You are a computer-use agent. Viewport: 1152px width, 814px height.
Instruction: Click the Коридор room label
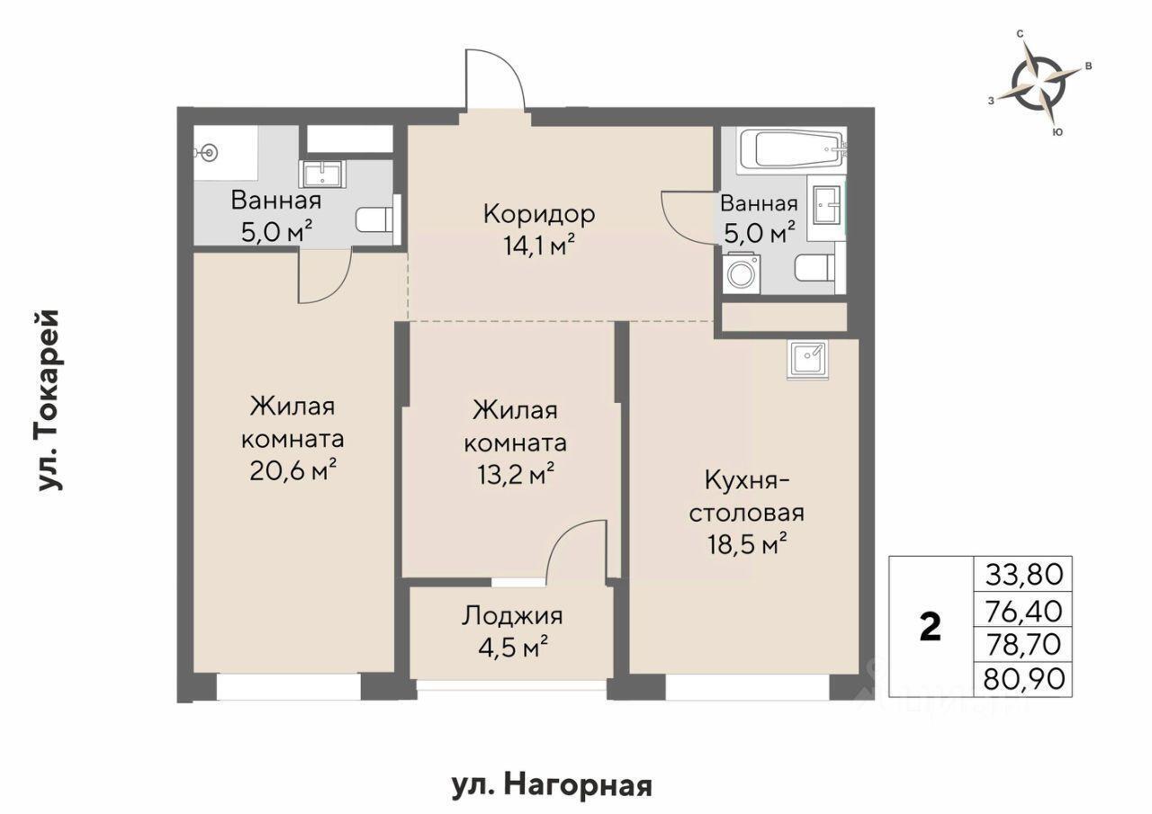539,214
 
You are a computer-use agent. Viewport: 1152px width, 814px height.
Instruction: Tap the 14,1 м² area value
538,246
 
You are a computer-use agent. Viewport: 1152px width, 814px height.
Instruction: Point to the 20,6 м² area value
293,470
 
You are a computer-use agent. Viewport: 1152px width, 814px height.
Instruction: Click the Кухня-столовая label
747,496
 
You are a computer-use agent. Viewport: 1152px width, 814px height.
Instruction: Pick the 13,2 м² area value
516,474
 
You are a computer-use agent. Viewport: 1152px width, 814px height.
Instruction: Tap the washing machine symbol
741,273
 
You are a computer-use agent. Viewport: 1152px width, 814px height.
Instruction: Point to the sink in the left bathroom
322,174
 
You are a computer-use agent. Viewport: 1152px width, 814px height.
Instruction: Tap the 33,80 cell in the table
1023,575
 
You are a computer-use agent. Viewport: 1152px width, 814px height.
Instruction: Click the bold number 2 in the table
930,628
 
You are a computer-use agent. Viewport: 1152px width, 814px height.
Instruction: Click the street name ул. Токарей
50,401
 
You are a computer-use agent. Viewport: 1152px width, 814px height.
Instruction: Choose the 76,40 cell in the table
1023,611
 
